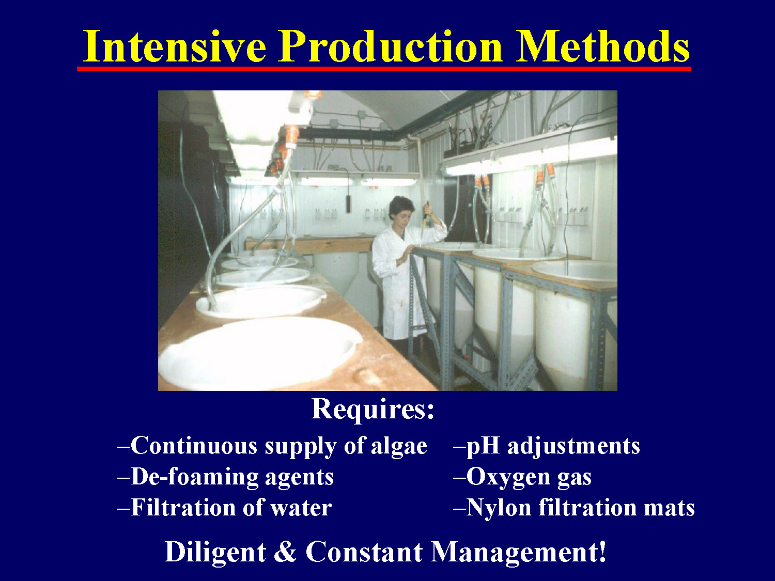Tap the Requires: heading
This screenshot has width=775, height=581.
[373, 409]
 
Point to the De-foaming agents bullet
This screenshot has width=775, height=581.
[226, 477]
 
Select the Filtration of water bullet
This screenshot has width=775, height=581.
[225, 508]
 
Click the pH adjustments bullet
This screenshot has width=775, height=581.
[547, 446]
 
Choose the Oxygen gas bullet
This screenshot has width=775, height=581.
[523, 477]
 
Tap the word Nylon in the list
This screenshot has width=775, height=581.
[499, 508]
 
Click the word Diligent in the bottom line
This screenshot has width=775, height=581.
[215, 552]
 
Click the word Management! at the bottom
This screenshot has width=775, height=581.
[518, 552]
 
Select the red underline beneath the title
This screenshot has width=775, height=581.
[383, 68]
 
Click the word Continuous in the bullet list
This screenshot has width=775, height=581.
[193, 446]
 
